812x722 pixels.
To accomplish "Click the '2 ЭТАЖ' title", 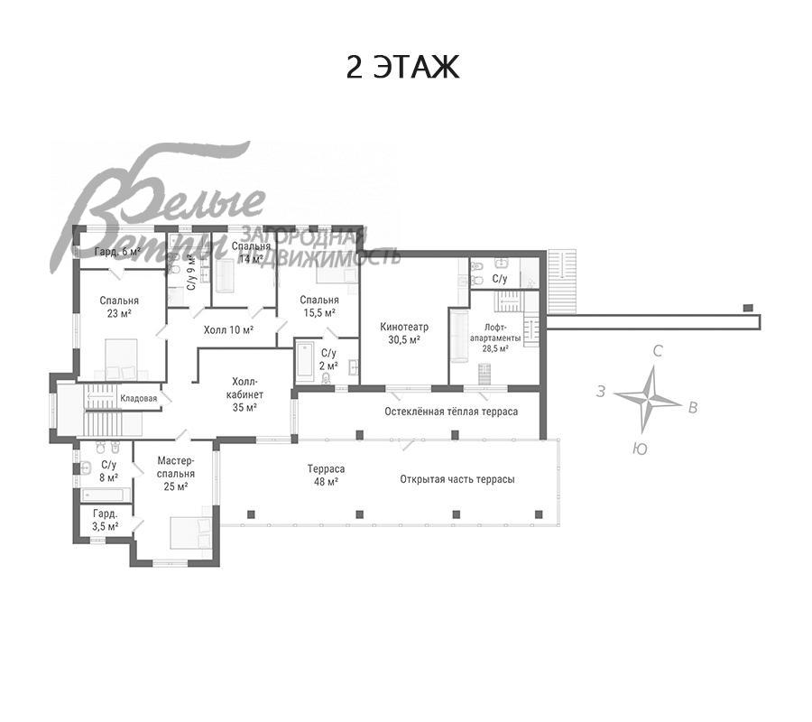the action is coord(402,68).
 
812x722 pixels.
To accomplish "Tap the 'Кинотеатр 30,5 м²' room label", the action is coord(404,333).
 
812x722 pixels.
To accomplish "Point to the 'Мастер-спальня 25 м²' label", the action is coord(176,474).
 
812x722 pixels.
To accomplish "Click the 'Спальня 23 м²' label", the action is coord(119,307).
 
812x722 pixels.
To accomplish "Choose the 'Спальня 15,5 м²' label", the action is coord(319,306).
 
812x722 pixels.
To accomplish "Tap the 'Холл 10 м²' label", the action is coord(228,329).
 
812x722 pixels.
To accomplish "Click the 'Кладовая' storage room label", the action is coord(138,398).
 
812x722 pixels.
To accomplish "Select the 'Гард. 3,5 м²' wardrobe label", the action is coord(106,520).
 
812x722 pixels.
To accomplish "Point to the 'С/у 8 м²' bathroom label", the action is coord(109,471).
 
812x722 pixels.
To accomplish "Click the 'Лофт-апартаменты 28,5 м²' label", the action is coord(495,338).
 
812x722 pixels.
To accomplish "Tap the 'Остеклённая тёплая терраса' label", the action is coord(451,412).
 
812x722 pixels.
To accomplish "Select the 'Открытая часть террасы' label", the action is coord(457,479).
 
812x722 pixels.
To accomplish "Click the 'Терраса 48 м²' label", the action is coord(326,475).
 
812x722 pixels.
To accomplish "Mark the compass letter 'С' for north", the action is coord(658,351).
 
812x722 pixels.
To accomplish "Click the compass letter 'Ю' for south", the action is coord(640,449).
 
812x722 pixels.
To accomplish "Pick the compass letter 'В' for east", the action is coord(692,408).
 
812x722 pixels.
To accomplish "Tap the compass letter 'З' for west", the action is coord(600,392).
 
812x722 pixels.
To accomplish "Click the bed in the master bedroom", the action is coord(191,532).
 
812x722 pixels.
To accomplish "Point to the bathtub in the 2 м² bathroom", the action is coord(305,360).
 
